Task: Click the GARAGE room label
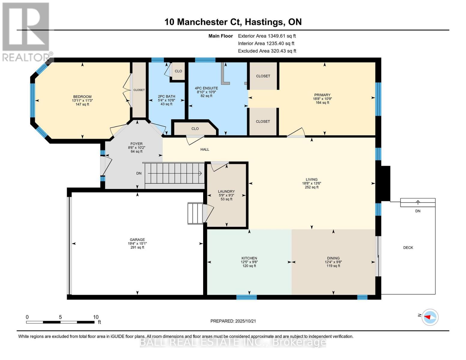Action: pos(137,239)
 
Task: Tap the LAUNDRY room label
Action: pos(226,191)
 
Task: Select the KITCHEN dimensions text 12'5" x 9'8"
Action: pos(249,262)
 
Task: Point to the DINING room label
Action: pos(333,258)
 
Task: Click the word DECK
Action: pos(408,247)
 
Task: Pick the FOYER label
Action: pos(137,144)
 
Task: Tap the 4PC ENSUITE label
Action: pos(206,88)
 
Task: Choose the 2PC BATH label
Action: pos(167,97)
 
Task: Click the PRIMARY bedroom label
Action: pos(322,95)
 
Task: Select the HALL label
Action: pos(205,149)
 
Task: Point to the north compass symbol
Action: pos(429,317)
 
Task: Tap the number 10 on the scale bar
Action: pos(96,317)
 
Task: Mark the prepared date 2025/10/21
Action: pos(245,321)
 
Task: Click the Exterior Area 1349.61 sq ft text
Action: pos(267,36)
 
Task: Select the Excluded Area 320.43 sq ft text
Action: pos(267,51)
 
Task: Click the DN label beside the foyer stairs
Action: pos(139,173)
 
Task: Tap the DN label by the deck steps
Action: pos(418,211)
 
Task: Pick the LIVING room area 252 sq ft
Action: pos(311,187)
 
